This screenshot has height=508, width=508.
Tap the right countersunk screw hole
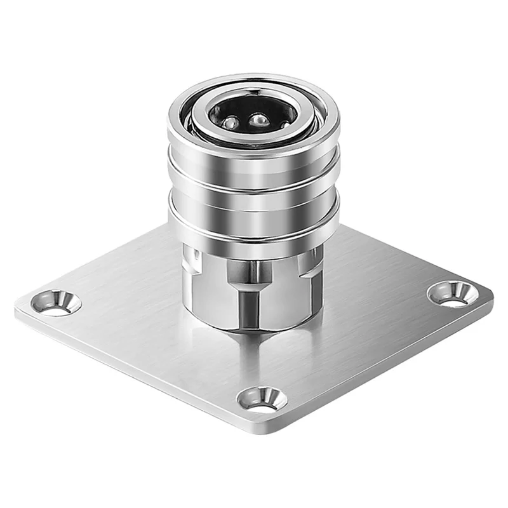pyautogui.click(x=451, y=293)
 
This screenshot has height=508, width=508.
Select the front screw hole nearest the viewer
pyautogui.click(x=261, y=399)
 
